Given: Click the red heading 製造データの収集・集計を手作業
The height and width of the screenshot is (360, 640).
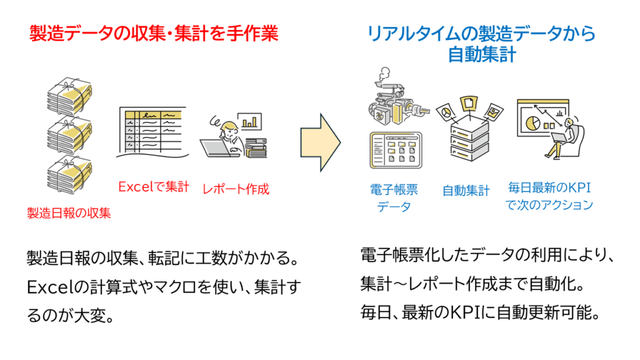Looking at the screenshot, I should [x=154, y=33].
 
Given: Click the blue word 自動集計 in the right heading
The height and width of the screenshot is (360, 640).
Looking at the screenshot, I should [x=481, y=54].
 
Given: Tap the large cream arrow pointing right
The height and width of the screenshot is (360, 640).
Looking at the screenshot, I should [x=320, y=142].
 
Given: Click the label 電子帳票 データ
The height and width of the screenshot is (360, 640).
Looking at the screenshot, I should [x=394, y=197].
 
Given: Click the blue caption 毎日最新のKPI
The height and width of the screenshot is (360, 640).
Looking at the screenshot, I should [x=549, y=187].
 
